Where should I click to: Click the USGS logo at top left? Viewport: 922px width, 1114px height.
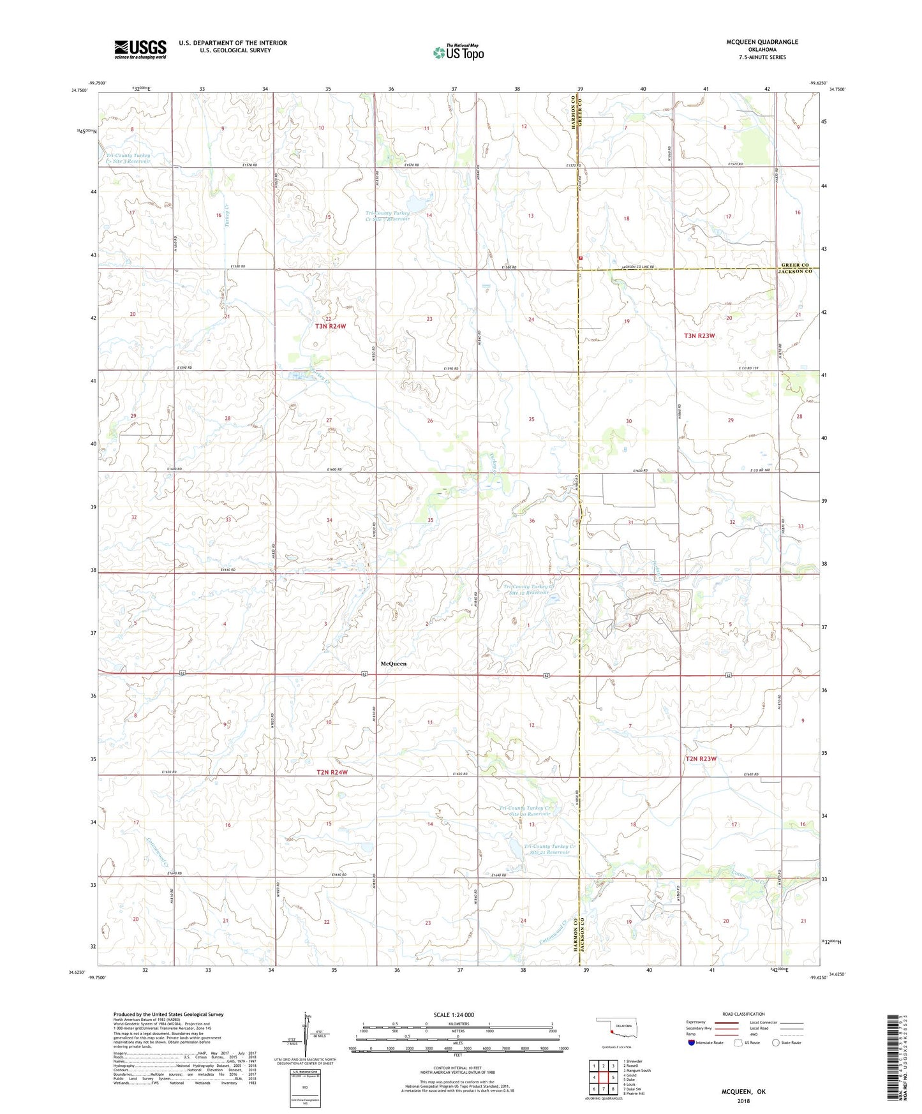[x=140, y=49]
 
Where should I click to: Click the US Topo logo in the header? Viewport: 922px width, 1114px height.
[x=459, y=52]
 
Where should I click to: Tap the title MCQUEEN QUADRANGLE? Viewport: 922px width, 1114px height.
[x=762, y=42]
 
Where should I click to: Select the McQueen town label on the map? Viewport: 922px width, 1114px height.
[x=393, y=664]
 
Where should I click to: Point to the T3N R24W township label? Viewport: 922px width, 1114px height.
[x=331, y=326]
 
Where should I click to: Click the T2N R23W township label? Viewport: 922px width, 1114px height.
[x=701, y=759]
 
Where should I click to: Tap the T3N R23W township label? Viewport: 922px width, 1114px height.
[x=699, y=335]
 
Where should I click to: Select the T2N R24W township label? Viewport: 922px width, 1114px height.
[x=332, y=772]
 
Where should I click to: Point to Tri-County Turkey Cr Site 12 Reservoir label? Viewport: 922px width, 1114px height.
[x=526, y=589]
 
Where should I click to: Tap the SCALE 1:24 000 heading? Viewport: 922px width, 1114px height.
[x=454, y=1014]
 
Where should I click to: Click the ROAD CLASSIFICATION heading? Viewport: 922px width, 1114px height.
[x=743, y=1014]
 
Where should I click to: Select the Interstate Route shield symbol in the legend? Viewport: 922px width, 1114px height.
[x=692, y=1043]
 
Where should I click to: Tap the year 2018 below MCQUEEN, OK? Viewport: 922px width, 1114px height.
[x=743, y=1101]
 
